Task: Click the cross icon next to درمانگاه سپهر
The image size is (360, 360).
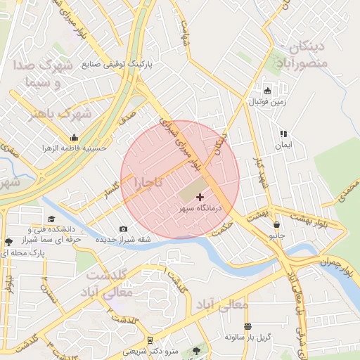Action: pos(200,198)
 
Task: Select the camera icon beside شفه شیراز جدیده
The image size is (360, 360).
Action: pos(124,229)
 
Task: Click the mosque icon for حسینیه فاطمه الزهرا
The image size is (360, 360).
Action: pos(75,138)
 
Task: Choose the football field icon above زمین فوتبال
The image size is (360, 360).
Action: pos(267,90)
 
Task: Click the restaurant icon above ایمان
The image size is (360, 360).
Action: pos(283,134)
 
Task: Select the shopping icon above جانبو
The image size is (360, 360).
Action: pos(276,225)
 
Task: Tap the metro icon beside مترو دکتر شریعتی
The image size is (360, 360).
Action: pos(150,341)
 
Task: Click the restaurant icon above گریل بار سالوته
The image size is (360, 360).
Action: pos(247,326)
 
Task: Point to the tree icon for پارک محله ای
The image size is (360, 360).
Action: pos(8,242)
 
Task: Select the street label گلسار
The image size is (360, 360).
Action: pos(112,191)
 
